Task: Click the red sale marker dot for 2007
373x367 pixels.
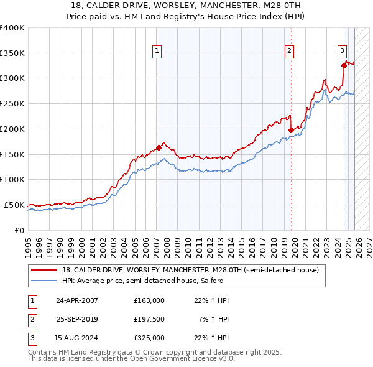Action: click(159, 147)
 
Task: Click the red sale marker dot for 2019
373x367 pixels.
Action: click(291, 130)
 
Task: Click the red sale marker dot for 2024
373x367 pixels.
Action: click(343, 65)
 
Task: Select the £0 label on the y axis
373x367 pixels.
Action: click(18, 230)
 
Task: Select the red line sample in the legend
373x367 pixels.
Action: click(44, 271)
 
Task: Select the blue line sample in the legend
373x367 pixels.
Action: click(44, 281)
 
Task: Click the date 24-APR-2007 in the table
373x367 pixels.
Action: click(77, 300)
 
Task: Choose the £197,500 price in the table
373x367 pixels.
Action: click(149, 319)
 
